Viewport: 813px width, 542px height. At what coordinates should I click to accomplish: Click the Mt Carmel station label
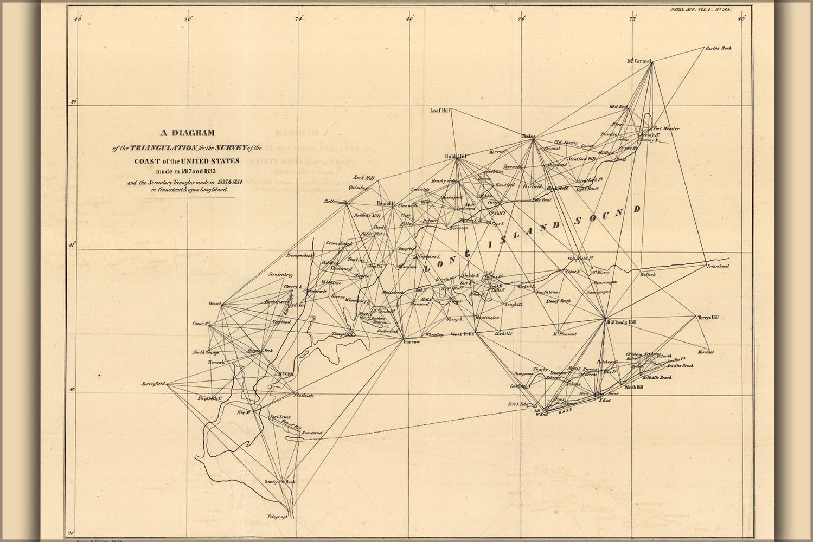638,61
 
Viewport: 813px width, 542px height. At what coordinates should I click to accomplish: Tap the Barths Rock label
718,49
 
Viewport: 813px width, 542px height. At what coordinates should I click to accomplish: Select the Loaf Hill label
440,110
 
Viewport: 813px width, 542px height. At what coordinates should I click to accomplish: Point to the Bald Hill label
456,156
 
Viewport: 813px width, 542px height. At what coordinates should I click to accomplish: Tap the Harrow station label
412,341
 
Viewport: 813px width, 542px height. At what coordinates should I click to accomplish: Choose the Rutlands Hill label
622,322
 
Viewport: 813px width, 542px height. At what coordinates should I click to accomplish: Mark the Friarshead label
718,267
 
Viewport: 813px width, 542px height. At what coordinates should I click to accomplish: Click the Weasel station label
214,304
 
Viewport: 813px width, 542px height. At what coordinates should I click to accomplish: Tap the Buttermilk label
335,202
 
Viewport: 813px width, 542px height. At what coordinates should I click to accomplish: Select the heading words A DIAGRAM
187,133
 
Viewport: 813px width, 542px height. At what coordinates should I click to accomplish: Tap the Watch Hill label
633,388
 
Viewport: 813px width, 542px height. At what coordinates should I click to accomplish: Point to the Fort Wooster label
666,128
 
